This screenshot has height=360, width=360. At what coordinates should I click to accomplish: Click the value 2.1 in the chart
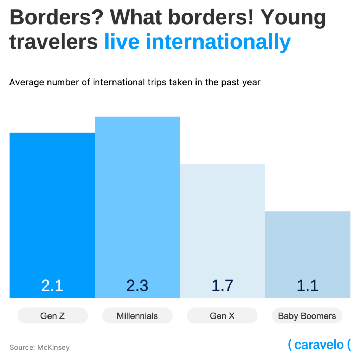52,286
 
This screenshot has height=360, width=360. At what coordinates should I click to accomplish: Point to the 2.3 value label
137,286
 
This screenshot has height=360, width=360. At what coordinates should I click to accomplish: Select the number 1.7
223,286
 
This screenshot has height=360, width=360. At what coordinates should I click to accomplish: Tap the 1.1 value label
308,286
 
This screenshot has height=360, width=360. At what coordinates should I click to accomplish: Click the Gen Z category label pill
52,316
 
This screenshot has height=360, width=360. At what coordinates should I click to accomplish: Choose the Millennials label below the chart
137,316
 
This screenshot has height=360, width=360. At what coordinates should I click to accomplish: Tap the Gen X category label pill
222,316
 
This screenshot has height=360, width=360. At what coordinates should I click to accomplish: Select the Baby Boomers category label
307,316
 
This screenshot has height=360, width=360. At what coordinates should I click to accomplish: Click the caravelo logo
319,345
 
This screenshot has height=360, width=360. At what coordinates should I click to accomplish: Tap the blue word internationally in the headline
218,42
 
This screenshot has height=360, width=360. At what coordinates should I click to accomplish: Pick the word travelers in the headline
53,42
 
